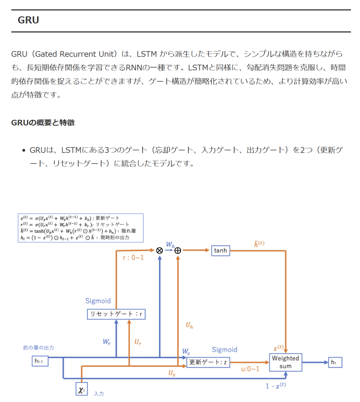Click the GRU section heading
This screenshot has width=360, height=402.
tap(28, 20)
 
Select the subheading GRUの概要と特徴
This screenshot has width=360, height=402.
tap(43, 123)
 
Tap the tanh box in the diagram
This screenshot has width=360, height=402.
tap(220, 250)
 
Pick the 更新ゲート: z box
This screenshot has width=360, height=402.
tap(208, 362)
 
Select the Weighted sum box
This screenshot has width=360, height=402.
tap(286, 362)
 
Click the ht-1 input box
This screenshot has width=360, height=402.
tap(40, 361)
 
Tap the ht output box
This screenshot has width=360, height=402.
tap(335, 362)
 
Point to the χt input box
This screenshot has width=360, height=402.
tap(81, 389)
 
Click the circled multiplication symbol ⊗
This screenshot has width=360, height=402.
tap(159, 250)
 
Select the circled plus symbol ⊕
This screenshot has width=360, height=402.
tap(178, 250)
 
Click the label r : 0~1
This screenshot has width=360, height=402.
tap(133, 258)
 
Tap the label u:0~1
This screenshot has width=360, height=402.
tap(250, 369)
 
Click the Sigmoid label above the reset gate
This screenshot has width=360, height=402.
tap(98, 301)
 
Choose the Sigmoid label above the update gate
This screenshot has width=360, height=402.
tap(224, 349)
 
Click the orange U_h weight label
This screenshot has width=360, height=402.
tap(189, 325)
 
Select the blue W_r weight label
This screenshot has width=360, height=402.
tap(107, 341)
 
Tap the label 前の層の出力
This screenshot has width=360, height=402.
tap(38, 348)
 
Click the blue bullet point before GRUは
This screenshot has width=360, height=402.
tap(24, 150)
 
